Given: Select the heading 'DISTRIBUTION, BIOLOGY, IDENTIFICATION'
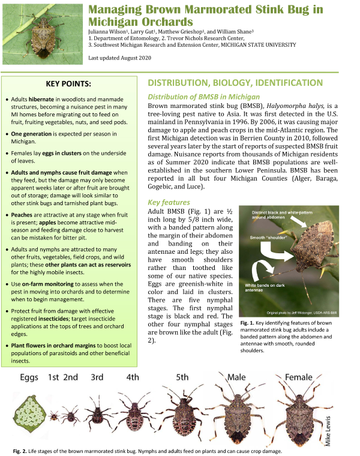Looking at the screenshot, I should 235,83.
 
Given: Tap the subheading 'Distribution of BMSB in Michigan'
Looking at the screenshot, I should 203,97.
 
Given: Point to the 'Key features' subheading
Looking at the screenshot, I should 169,202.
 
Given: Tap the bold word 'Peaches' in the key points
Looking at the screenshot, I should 25,214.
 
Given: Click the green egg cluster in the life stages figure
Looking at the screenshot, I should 28,413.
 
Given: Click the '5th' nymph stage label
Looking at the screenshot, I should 183,378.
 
